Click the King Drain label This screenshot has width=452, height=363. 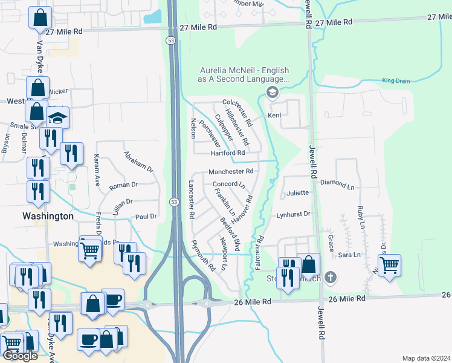[x=396, y=80]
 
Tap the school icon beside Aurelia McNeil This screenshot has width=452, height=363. [x=272, y=92]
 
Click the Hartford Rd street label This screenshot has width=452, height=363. [x=227, y=154]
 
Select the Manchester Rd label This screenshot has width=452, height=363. [x=231, y=172]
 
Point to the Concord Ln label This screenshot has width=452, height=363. [x=228, y=184]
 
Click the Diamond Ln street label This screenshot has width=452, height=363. [x=341, y=182]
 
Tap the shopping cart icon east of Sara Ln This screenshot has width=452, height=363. [x=389, y=263]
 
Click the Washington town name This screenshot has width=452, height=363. [x=48, y=216]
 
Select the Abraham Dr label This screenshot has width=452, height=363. [x=140, y=162]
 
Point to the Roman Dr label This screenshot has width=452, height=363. [x=124, y=185]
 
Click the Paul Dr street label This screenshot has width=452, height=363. [x=146, y=216]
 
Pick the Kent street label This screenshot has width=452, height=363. [x=274, y=115]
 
